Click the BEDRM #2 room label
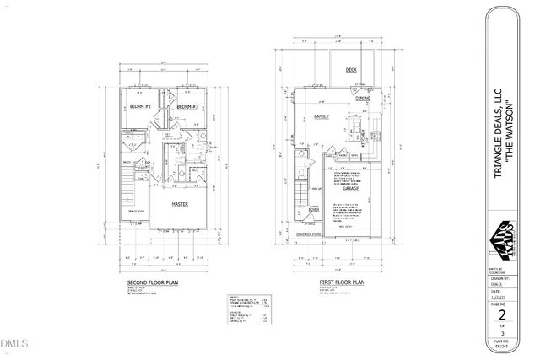coord(140,106)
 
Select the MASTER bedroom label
coord(179,204)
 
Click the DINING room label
coord(363,99)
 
